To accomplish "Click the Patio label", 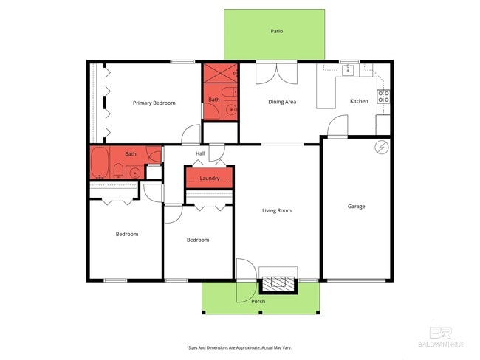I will click(277, 31).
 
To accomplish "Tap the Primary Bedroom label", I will click(154, 103).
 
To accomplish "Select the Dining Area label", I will click(282, 102).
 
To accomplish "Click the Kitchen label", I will click(359, 101).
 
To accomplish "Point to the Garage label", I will click(356, 207).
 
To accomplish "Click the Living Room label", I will click(277, 210).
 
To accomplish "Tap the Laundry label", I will click(209, 178).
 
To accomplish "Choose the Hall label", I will click(200, 153).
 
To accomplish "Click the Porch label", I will click(258, 301).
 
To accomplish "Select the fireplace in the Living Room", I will click(279, 283).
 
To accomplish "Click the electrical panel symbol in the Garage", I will click(382, 147).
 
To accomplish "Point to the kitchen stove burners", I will click(383, 96).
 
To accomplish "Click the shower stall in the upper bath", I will click(219, 74).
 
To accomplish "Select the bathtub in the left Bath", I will click(100, 163).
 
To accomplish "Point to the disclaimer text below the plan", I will click(240, 347).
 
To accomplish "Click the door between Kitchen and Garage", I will click(338, 126).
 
